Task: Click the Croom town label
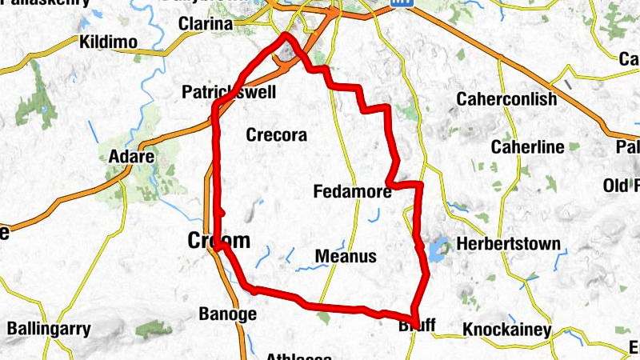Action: click(x=218, y=240)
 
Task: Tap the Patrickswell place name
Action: click(x=230, y=93)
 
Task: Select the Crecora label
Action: click(x=276, y=135)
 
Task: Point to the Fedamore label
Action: click(x=353, y=192)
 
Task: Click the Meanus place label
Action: click(x=346, y=256)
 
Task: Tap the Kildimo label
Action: click(x=110, y=42)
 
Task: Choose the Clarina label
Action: click(x=206, y=25)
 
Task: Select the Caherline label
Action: click(x=527, y=147)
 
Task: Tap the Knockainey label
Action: click(x=507, y=330)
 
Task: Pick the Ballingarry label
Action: click(x=49, y=328)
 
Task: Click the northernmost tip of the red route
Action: click(x=286, y=35)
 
